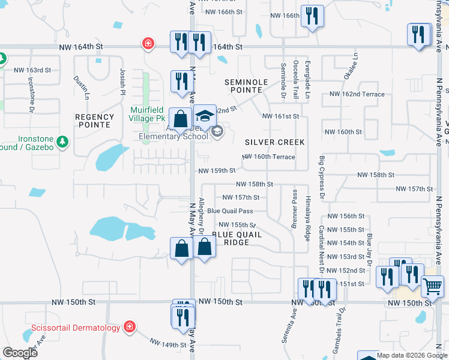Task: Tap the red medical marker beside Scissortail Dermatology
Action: (129, 327)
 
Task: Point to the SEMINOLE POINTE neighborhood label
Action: (244, 86)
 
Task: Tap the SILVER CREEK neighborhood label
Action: (275, 142)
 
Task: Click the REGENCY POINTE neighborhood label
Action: (95, 121)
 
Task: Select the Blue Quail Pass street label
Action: (230, 211)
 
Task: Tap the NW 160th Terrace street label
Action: (268, 157)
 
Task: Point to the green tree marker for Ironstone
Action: (62, 142)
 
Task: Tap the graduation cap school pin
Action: (205, 115)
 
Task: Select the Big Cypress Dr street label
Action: (322, 177)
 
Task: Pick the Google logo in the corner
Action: (20, 353)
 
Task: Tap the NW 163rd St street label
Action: (32, 70)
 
